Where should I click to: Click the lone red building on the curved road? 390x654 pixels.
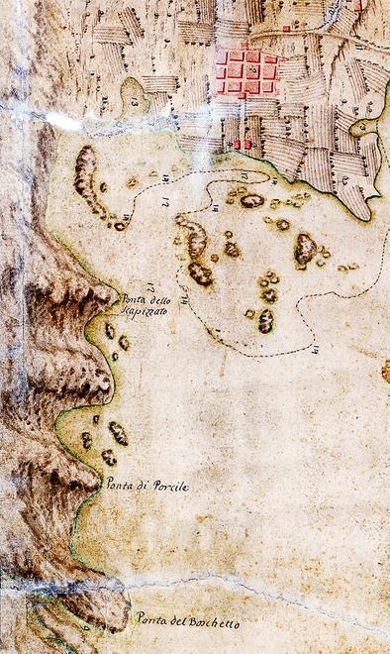click(286, 29)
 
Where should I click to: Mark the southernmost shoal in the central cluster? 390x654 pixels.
click(265, 321)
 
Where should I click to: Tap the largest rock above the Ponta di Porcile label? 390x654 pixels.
click(118, 433)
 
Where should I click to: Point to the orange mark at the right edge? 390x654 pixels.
click(386, 371)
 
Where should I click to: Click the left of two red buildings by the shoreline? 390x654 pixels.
click(238, 145)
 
